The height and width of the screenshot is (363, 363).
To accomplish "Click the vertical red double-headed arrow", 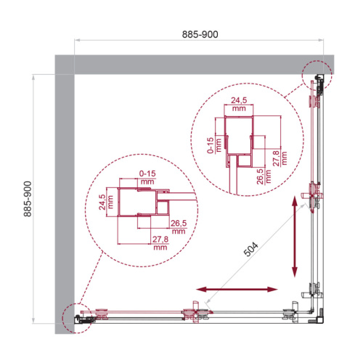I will point(294,237).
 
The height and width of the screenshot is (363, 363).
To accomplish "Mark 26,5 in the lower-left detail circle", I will point(179,223).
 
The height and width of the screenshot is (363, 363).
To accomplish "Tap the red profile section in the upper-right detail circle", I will point(241,138).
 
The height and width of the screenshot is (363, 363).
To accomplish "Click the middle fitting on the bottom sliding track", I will point(192,314).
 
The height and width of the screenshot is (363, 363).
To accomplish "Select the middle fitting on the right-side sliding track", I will point(314,196).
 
